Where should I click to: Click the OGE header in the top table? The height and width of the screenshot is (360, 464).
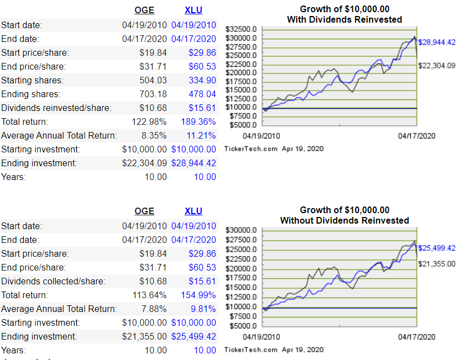[144, 10]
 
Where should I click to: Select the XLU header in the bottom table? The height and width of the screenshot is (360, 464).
[193, 211]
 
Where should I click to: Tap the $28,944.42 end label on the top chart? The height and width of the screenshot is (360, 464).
[436, 43]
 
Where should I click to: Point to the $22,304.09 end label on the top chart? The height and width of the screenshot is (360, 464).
[436, 66]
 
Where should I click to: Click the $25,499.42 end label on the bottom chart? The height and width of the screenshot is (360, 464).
[436, 248]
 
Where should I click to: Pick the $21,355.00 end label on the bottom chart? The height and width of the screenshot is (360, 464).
[436, 264]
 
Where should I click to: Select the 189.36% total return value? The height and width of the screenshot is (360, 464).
[198, 121]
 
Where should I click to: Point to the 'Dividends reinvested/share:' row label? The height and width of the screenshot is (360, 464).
[56, 108]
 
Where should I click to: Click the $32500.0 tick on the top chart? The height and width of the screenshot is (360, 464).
[241, 29]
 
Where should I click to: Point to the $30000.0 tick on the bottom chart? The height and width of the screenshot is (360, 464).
[241, 230]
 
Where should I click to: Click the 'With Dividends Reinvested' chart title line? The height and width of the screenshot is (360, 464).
[344, 19]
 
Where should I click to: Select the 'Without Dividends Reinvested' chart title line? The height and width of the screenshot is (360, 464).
[344, 220]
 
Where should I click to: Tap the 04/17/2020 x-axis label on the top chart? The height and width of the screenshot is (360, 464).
[416, 136]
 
